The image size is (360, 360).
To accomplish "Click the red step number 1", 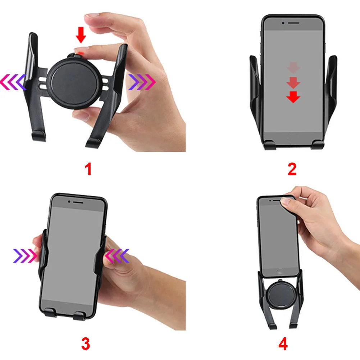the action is pyautogui.click(x=88, y=169).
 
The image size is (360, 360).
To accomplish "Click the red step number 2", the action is pyautogui.click(x=292, y=169).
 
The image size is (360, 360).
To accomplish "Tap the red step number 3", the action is pyautogui.click(x=86, y=344).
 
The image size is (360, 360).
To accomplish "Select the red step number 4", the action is pyautogui.click(x=283, y=344).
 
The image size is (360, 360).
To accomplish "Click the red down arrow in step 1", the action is pyautogui.click(x=81, y=35).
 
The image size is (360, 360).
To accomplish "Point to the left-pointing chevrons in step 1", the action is pyautogui.click(x=13, y=82).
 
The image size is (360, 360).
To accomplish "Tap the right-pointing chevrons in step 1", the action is pyautogui.click(x=142, y=82).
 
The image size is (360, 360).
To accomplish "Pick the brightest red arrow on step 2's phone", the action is pyautogui.click(x=293, y=97).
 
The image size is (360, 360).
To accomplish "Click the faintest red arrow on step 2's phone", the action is pyautogui.click(x=293, y=68).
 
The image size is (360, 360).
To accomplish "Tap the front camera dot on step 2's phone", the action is pyautogui.click(x=283, y=23).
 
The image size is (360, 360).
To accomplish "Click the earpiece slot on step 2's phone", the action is pyautogui.click(x=294, y=23).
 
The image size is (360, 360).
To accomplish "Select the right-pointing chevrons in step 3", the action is pyautogui.click(x=25, y=256).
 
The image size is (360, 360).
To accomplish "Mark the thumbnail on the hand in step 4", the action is pyautogui.click(x=285, y=201).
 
